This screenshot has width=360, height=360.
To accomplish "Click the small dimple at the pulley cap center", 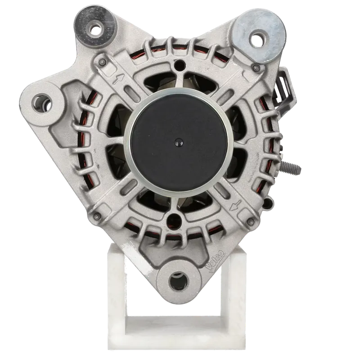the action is point(178,143).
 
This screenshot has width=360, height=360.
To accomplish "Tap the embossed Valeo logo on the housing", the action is point(215,261).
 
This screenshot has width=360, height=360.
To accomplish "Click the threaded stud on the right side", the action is point(290,167).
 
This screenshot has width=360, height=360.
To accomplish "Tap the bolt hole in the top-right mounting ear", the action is point(258,39).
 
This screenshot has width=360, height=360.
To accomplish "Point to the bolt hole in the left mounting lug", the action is point(42,104).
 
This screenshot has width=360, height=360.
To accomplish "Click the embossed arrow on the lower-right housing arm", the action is point(235,206).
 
